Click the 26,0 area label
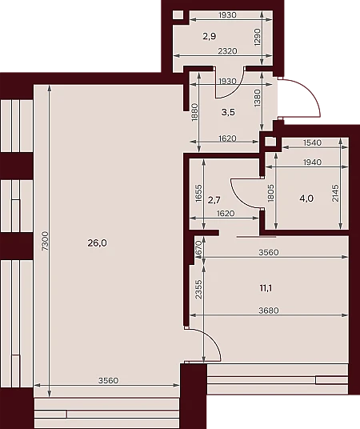pos(98,243)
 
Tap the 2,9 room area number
pos(210,36)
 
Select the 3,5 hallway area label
pos(228,112)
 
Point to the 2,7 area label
pos(214,200)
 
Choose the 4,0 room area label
pos(306,198)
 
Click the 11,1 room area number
pos(266,288)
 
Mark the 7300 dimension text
pos(46,241)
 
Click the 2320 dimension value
pos(227,51)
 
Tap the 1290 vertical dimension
pos(258,37)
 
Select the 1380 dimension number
pos(258,98)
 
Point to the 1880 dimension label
pos(194,112)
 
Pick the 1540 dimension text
pos(313,142)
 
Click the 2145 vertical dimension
pos(335,194)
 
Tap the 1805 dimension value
pos(271,193)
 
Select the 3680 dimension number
pos(269,311)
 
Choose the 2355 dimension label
pos(199,289)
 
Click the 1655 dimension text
pos(199,194)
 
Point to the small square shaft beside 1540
pos(270,142)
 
